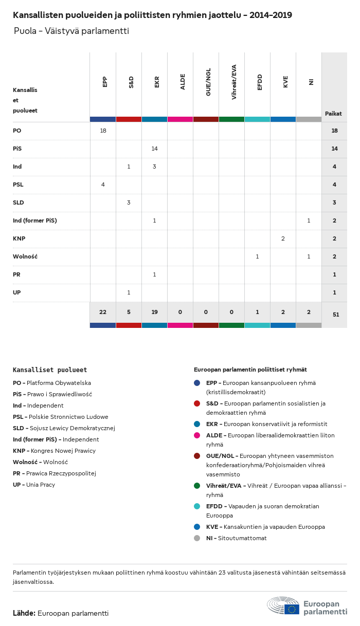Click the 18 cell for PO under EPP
coord(103,131)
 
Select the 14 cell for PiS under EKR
coord(154,149)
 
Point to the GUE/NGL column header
coord(208,84)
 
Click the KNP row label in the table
coord(19,238)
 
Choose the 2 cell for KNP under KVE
coord(283,238)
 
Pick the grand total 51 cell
coord(335,314)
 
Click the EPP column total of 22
coord(103,312)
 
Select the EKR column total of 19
coord(154,312)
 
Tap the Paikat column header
coord(333,114)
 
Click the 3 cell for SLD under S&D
coord(129,202)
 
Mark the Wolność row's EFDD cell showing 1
coord(257,256)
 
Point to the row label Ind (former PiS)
coord(34,220)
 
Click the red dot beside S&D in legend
coord(197,403)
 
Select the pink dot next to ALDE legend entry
coord(197,435)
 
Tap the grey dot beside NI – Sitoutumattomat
coord(197,538)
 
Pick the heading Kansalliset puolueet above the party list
coord(50,370)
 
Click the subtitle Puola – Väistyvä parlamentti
coord(71,31)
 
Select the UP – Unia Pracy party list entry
coord(34,485)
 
